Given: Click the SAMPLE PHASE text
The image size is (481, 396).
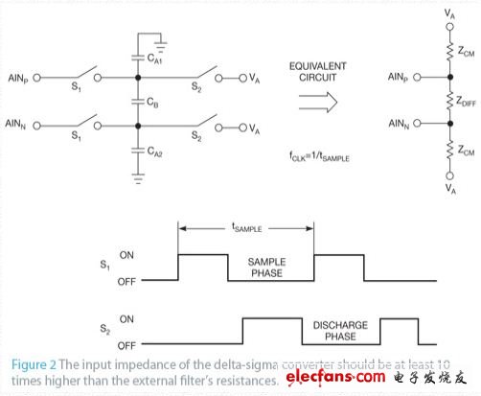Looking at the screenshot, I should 272,267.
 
